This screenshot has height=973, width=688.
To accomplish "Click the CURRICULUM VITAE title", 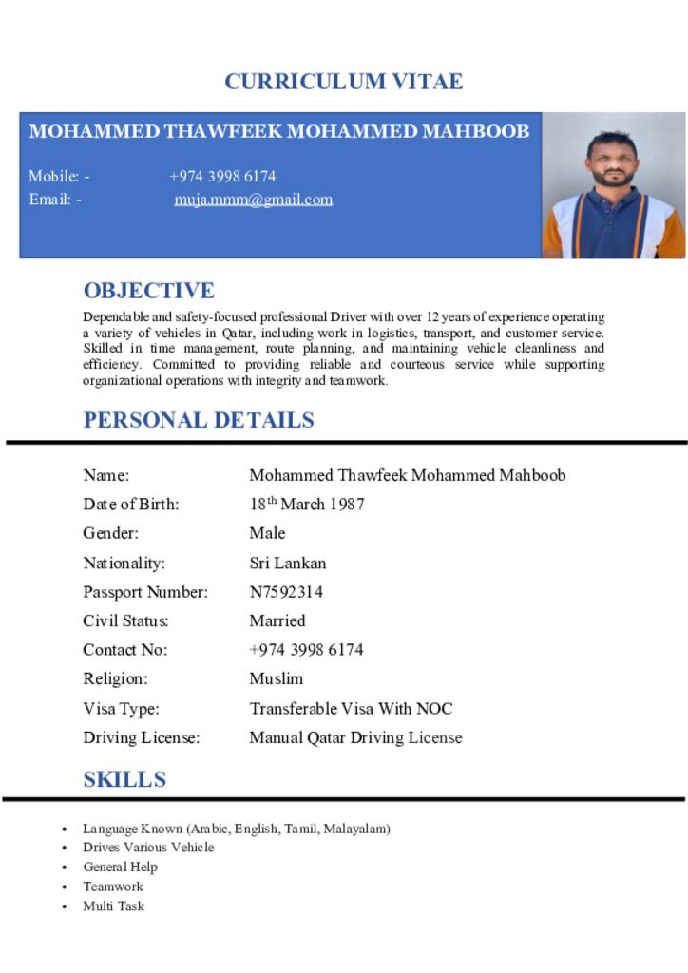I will pos(343,82).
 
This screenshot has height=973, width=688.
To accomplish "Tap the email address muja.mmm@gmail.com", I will pos(253,200).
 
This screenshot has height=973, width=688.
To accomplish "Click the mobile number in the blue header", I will pos(222,176).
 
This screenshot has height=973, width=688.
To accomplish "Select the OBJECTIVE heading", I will pos(148,291).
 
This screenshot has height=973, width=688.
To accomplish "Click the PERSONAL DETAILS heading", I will pos(199,420).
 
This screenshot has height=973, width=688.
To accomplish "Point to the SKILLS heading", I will pos(124,780).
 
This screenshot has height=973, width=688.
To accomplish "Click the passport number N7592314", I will pos(286,592).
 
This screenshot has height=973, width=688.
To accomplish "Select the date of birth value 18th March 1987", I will pos(306,504).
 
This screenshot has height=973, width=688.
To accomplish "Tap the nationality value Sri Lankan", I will pos(287,563).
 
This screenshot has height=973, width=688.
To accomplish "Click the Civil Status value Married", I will pos(277,620).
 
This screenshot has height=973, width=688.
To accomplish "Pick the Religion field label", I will pos(115,678).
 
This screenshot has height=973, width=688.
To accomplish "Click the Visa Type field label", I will pos(121,708).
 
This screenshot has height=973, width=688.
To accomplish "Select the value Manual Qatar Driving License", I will pos(355,737).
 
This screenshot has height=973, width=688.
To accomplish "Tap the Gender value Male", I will pos(267,533).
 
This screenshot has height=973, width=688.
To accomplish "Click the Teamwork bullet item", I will pos(112,887).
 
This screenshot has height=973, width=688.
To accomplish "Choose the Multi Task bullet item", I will pos(113,906).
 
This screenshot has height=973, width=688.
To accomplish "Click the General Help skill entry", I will pos(120,867).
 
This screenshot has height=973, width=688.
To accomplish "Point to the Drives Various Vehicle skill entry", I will pos(148,847).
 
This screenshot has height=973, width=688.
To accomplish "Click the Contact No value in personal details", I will pos(306,650).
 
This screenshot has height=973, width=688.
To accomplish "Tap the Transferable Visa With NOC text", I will pos(351,708).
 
